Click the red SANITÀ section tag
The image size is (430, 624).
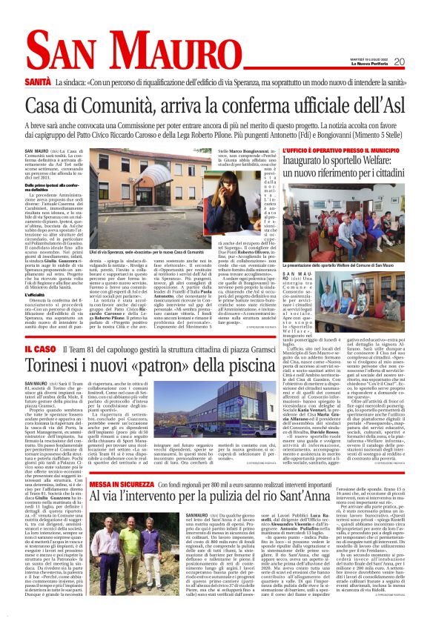(x=38, y=79)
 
